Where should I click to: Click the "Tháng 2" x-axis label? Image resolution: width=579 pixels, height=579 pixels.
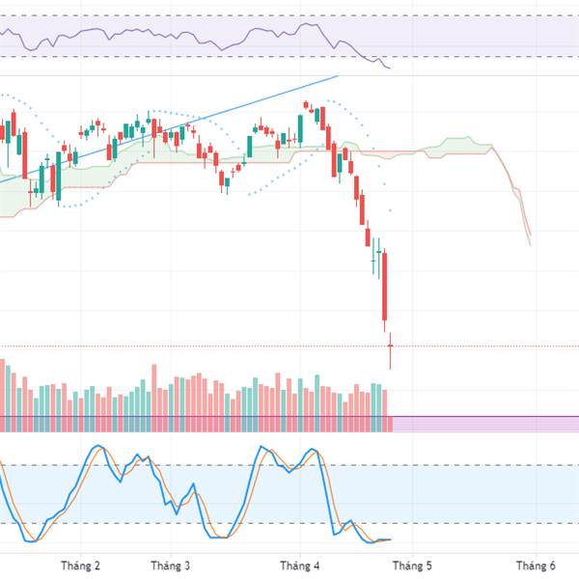(x=80, y=565)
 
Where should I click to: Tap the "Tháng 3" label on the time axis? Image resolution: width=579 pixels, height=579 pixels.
(x=172, y=565)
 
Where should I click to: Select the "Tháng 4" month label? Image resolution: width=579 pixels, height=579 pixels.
(x=298, y=565)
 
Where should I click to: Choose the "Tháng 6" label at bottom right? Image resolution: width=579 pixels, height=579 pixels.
(x=536, y=565)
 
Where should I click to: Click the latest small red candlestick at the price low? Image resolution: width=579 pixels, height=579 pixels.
(x=391, y=345)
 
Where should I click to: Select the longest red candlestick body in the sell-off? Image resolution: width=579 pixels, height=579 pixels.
(x=384, y=285)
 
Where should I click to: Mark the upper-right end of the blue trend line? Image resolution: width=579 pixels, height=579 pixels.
(x=339, y=75)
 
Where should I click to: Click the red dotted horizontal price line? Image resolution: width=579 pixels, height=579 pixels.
(x=482, y=345)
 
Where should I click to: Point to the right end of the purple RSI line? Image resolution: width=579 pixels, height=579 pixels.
(x=390, y=69)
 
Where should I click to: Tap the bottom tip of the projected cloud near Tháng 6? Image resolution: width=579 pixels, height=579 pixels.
(x=531, y=245)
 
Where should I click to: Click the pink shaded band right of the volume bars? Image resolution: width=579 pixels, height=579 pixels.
(x=482, y=424)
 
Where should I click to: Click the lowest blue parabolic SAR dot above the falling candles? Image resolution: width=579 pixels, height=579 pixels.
(x=391, y=211)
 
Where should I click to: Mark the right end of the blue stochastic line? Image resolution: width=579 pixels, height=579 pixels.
(x=392, y=539)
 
